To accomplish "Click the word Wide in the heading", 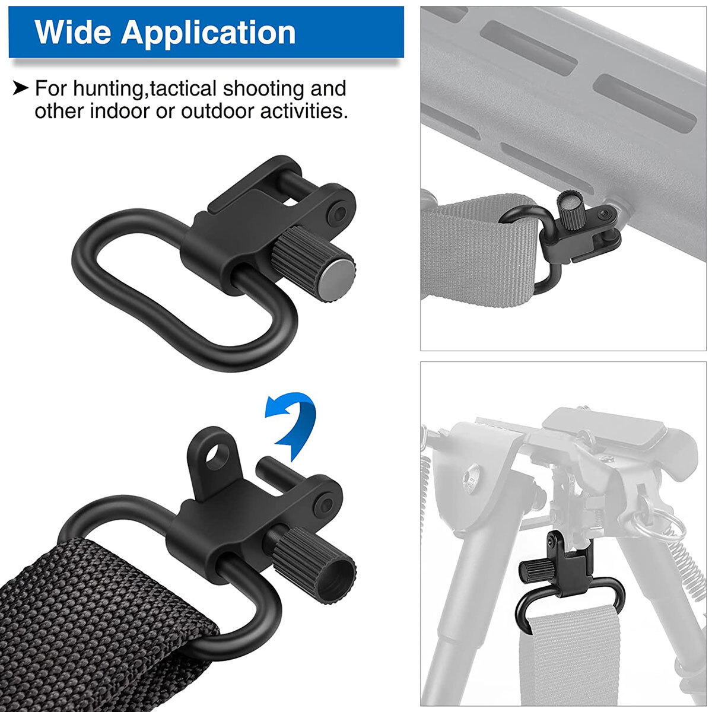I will pyautogui.click(x=72, y=33).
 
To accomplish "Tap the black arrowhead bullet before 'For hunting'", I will pyautogui.click(x=20, y=89).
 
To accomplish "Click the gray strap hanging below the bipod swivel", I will pyautogui.click(x=558, y=653).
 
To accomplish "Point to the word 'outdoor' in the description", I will pyautogui.click(x=217, y=111).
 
